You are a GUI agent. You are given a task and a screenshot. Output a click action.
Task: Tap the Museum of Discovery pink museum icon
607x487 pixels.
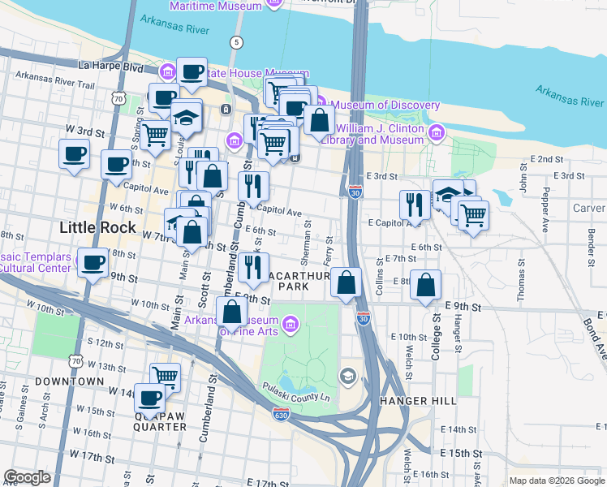(x=320, y=105)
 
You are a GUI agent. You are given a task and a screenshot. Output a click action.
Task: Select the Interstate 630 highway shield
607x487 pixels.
(x=279, y=414)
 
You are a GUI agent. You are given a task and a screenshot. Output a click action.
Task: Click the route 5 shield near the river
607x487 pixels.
(x=236, y=42)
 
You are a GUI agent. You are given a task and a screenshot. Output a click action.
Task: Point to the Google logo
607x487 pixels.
(x=27, y=478)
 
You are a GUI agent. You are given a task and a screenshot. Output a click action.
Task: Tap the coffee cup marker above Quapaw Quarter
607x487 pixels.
(x=150, y=399)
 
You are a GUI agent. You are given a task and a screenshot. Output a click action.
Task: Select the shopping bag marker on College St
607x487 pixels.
(x=426, y=285)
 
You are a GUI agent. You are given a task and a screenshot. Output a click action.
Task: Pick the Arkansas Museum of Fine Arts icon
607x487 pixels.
(x=291, y=327)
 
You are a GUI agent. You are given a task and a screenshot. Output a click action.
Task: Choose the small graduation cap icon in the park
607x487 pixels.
(x=347, y=376)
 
